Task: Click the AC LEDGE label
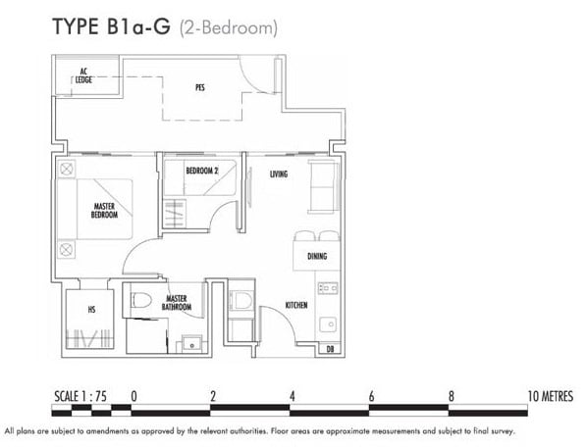[x=83, y=75]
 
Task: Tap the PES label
[x=200, y=87]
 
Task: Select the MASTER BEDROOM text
[x=104, y=211]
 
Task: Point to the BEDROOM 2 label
[x=202, y=171]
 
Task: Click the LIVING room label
[x=279, y=174]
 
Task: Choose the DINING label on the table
[x=317, y=256]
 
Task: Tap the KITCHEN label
[x=296, y=305]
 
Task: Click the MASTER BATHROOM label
[x=177, y=303]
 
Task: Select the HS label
[x=91, y=310]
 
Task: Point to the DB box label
[x=330, y=349]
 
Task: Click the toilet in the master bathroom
[x=141, y=300]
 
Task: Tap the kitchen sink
[x=328, y=323]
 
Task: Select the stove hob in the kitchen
[x=328, y=288]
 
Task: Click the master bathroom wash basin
[x=191, y=344]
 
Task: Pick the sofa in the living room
[x=323, y=186]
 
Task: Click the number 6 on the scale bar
[x=371, y=396]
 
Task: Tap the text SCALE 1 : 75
[x=80, y=396]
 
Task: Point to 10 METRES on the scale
[x=550, y=396]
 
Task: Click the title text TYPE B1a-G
[x=111, y=26]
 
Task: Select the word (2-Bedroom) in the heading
[x=229, y=28]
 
